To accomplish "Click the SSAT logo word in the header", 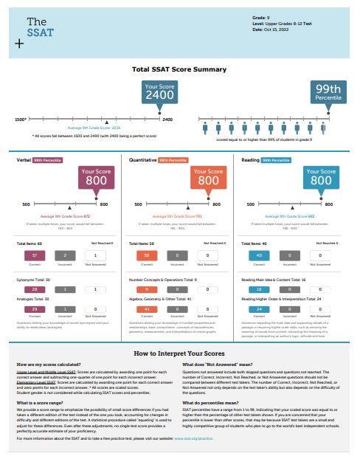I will (x=34, y=32).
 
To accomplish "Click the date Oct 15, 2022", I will (x=274, y=30).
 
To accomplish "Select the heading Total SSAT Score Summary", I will (x=179, y=69).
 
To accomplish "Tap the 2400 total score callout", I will (x=159, y=92).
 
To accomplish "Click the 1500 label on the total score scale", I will (x=20, y=119).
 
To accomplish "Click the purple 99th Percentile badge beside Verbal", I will (x=48, y=159).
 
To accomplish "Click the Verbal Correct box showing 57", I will (x=35, y=255).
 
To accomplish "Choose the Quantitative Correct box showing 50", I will (x=148, y=255).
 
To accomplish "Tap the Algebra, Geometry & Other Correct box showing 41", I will (x=148, y=310).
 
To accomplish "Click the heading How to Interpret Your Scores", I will (x=179, y=353).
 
